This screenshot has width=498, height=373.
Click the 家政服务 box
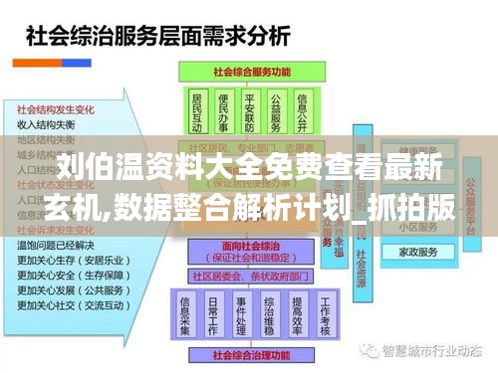pos(417,253)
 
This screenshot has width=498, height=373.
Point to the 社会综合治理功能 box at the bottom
pos(251,351)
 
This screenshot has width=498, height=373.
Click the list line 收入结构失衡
pos(46,124)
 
